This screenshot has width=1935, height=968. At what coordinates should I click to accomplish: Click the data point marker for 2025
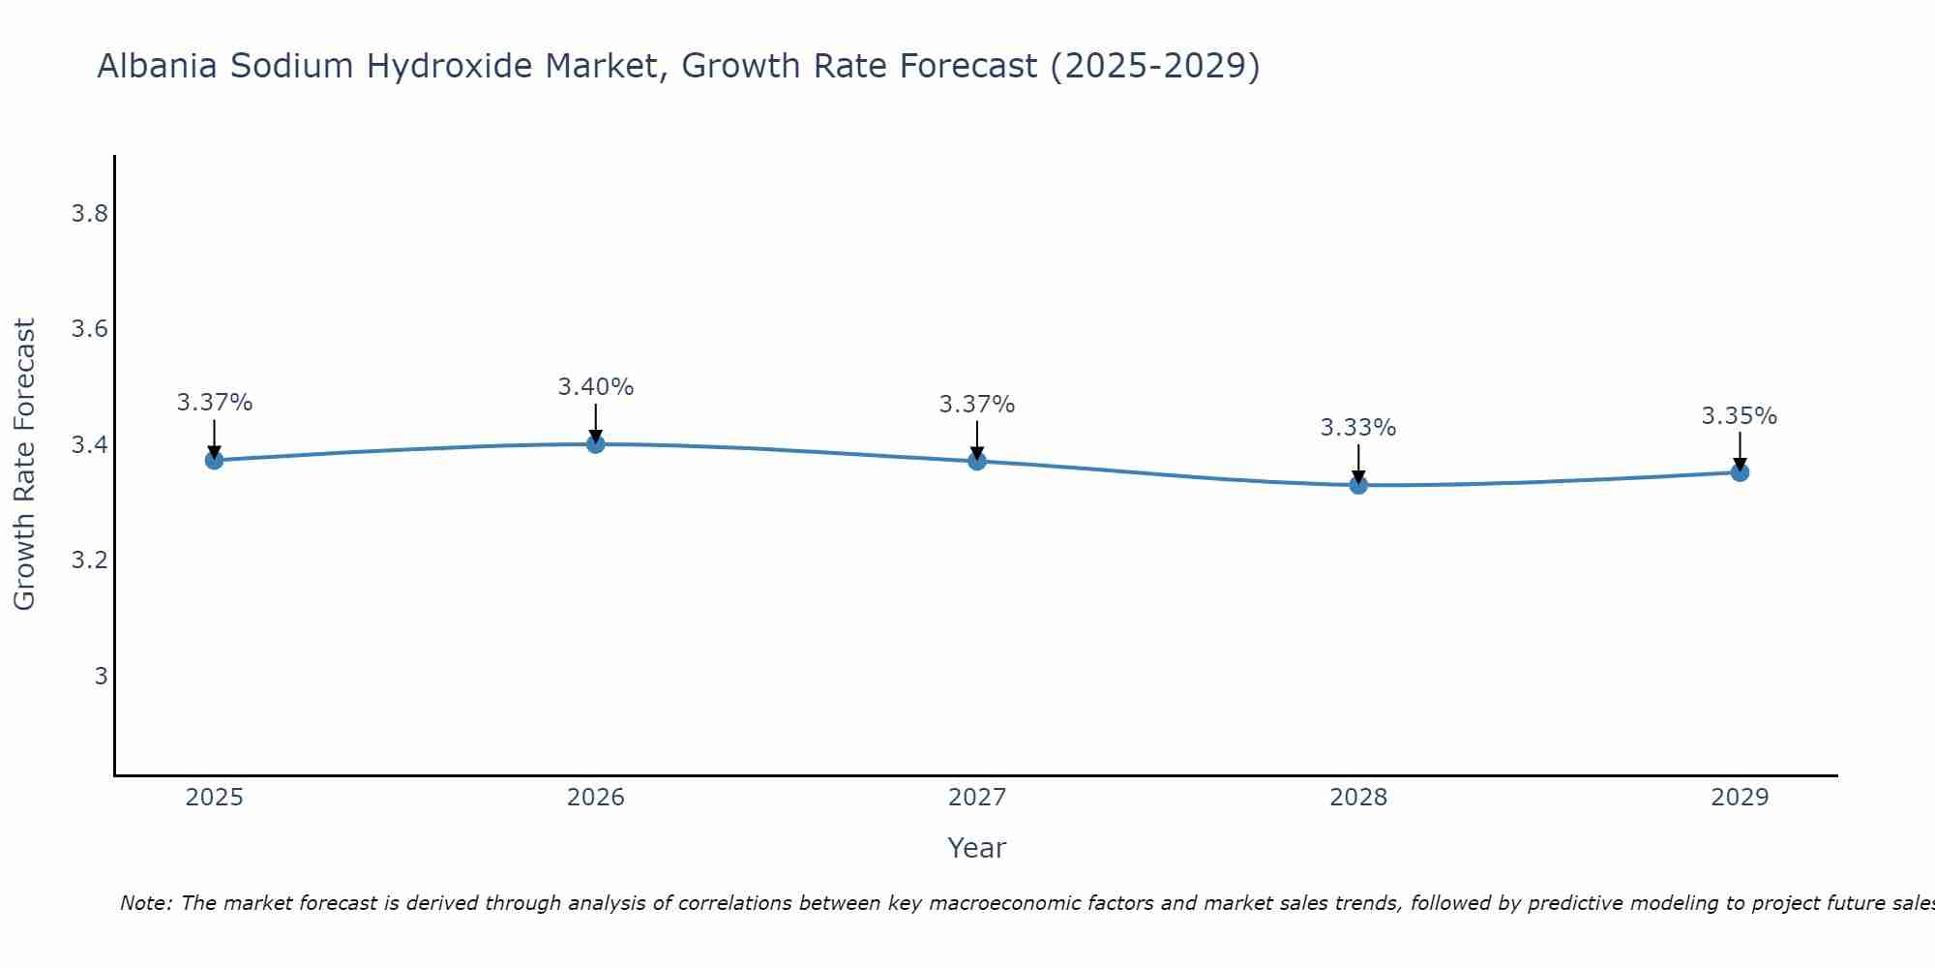[215, 460]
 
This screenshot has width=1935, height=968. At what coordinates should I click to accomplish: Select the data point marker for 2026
[596, 443]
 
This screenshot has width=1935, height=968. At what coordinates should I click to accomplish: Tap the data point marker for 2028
[1358, 484]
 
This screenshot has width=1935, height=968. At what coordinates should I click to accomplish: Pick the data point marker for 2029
[1740, 472]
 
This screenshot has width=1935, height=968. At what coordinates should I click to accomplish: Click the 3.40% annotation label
[596, 387]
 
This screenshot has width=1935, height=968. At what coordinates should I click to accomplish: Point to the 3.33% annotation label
[1358, 428]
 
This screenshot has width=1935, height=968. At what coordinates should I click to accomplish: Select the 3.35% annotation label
[1740, 416]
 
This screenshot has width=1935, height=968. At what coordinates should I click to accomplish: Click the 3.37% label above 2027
[977, 405]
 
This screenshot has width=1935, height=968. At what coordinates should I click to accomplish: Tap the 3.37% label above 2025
[215, 403]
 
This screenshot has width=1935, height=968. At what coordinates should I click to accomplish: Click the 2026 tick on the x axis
[596, 798]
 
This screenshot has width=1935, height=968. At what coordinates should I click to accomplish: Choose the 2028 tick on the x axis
[1358, 798]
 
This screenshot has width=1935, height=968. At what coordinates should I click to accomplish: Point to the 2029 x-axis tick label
[1740, 798]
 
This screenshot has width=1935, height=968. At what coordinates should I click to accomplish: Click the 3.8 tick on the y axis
[89, 214]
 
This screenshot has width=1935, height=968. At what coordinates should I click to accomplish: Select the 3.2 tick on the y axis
[89, 560]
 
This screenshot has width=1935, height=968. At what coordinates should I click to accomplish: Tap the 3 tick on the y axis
[101, 676]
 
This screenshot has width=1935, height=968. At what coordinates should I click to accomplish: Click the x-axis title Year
[977, 848]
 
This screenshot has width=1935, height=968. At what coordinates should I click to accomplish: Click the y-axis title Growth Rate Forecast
[24, 465]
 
